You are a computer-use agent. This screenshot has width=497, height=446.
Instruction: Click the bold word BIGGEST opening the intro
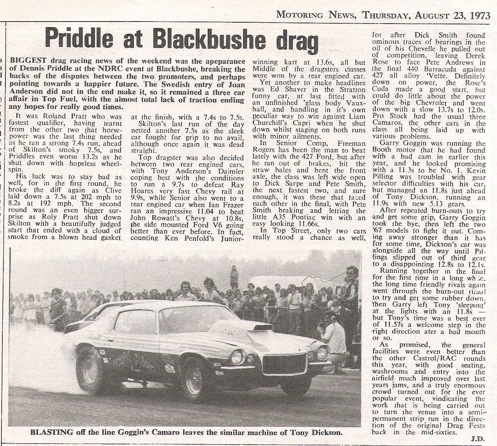tap(26, 62)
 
